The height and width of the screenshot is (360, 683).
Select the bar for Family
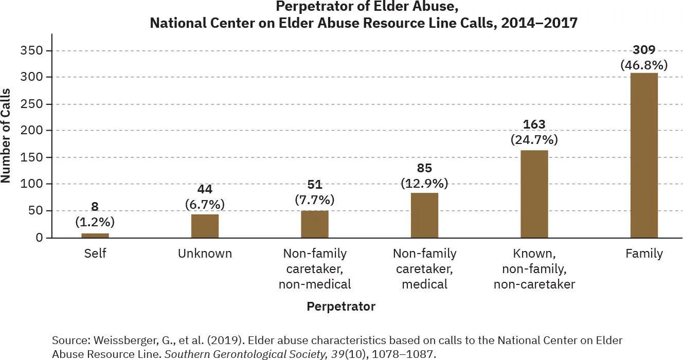644,155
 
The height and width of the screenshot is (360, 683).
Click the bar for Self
95,236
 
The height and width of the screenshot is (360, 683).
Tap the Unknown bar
205,226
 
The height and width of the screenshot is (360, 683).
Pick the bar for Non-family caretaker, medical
424,215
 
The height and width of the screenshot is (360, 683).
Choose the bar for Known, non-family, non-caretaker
534,194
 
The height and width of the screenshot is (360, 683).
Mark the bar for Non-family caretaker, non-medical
314,224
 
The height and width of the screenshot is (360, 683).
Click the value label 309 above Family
644,50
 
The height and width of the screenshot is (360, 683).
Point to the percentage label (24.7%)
534,139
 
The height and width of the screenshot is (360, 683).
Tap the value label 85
424,168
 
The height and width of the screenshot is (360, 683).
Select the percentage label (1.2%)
95,222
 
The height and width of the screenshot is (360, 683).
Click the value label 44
205,190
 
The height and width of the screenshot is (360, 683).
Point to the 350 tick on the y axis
32,51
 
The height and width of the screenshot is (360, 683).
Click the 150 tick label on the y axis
32,157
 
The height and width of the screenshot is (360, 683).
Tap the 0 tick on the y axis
39,238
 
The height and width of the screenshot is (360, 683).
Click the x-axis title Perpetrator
341,307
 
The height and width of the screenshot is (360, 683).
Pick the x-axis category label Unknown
205,254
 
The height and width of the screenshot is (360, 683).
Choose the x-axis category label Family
644,254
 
